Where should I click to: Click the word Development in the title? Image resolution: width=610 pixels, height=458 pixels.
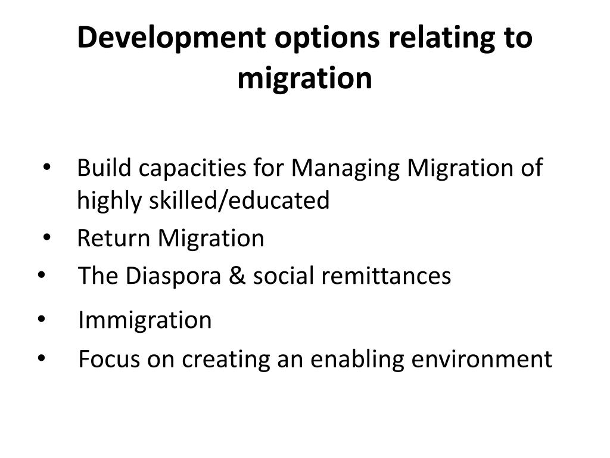click(x=171, y=38)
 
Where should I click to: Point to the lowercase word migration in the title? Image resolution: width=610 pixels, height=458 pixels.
click(x=304, y=79)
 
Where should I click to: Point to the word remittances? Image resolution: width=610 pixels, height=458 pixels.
click(x=387, y=277)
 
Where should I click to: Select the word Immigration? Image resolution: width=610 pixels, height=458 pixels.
click(x=145, y=321)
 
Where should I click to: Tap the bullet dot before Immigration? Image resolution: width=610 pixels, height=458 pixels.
click(x=41, y=320)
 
